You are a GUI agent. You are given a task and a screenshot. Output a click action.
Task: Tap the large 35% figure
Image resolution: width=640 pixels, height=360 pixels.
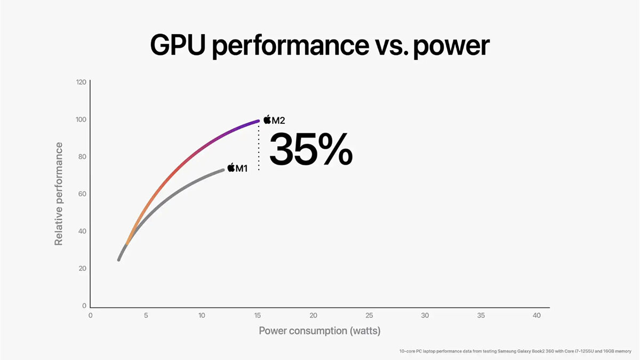click(x=311, y=149)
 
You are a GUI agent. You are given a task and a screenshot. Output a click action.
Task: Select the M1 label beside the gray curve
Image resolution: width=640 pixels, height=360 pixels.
click(x=242, y=169)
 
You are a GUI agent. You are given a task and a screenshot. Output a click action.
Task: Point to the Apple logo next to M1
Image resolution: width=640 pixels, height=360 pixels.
click(x=231, y=167)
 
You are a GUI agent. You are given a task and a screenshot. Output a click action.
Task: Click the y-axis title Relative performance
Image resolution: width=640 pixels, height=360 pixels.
click(x=59, y=194)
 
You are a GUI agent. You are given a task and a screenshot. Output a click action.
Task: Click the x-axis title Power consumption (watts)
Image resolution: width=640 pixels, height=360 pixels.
click(x=319, y=331)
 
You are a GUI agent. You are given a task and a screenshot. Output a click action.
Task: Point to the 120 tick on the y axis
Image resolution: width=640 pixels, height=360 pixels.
click(x=81, y=83)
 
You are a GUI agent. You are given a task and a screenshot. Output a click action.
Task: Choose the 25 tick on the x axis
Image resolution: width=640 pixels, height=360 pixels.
click(x=369, y=316)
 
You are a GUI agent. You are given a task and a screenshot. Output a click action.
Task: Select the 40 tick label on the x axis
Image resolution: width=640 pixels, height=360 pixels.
click(x=537, y=316)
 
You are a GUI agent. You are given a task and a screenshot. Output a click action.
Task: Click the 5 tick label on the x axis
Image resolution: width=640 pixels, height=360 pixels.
click(x=146, y=316)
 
